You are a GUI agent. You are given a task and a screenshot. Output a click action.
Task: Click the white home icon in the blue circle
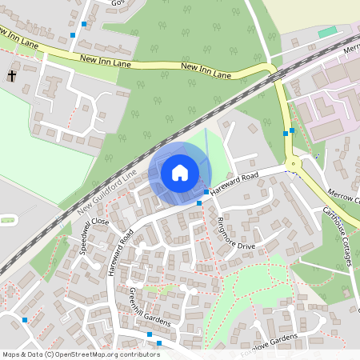[x=180, y=172]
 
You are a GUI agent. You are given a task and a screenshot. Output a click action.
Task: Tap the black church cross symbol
[x=13, y=76]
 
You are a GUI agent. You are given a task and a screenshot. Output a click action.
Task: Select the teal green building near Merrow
[x=327, y=32]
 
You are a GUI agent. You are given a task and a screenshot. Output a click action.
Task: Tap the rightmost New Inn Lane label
[x=206, y=71]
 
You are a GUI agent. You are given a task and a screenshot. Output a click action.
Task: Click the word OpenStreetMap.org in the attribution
[x=88, y=354]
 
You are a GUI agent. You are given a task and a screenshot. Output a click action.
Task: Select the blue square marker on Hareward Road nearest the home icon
[x=206, y=192]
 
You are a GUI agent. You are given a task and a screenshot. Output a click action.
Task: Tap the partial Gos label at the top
[x=118, y=3]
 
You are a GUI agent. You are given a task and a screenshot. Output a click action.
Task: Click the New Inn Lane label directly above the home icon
[x=206, y=71]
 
